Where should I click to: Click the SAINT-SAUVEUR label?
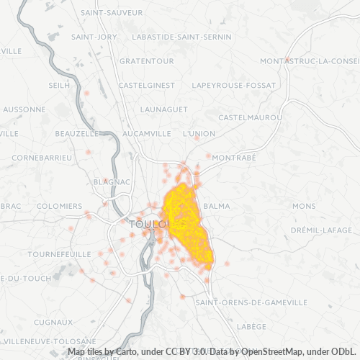tap(111, 13)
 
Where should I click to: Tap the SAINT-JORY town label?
tap(94, 37)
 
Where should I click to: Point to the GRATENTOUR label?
tap(142, 61)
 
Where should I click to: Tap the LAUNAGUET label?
tap(164, 109)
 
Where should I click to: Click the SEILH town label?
tap(59, 85)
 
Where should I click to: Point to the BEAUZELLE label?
tap(77, 133)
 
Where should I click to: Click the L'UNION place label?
tap(199, 133)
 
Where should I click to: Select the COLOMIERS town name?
tap(59, 206)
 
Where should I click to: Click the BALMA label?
tap(217, 206)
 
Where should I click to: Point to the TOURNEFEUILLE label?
tap(59, 254)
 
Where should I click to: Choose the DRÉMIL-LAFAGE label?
tap(320, 230)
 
